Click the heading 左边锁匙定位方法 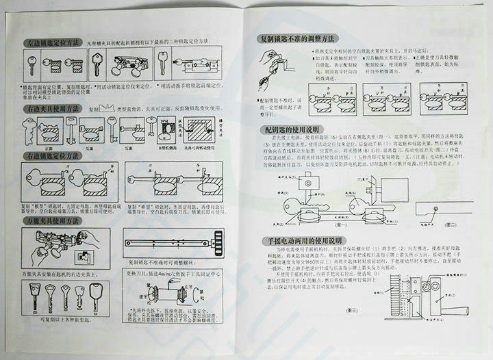click(x=54, y=43)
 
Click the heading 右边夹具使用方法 click(x=54, y=108)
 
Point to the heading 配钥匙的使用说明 click(x=294, y=129)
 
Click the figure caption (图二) click(x=450, y=225)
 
